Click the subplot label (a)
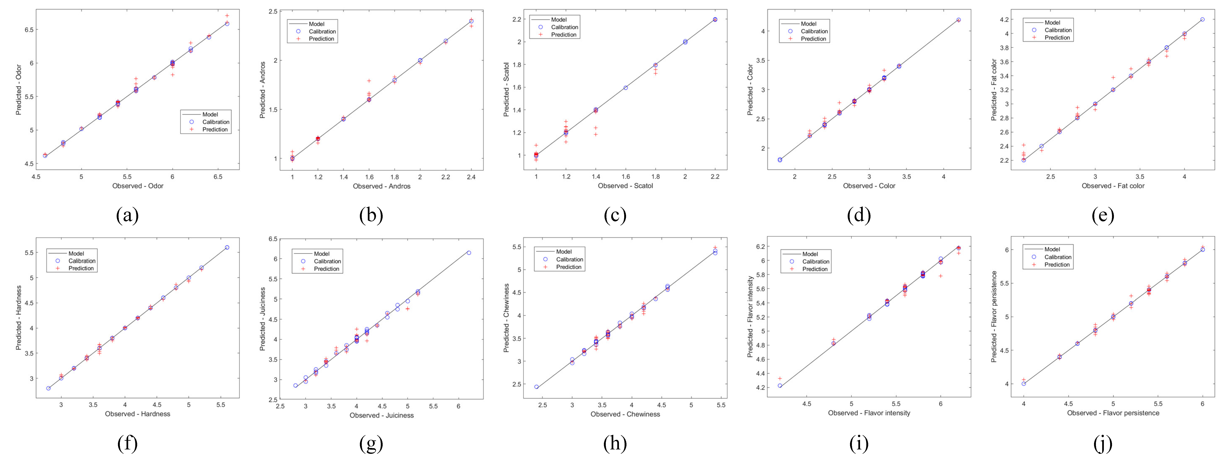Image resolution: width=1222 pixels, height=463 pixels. coord(127,216)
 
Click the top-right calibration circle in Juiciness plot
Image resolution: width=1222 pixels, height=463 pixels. coord(469,252)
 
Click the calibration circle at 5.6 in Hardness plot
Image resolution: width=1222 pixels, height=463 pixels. coord(227,247)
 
